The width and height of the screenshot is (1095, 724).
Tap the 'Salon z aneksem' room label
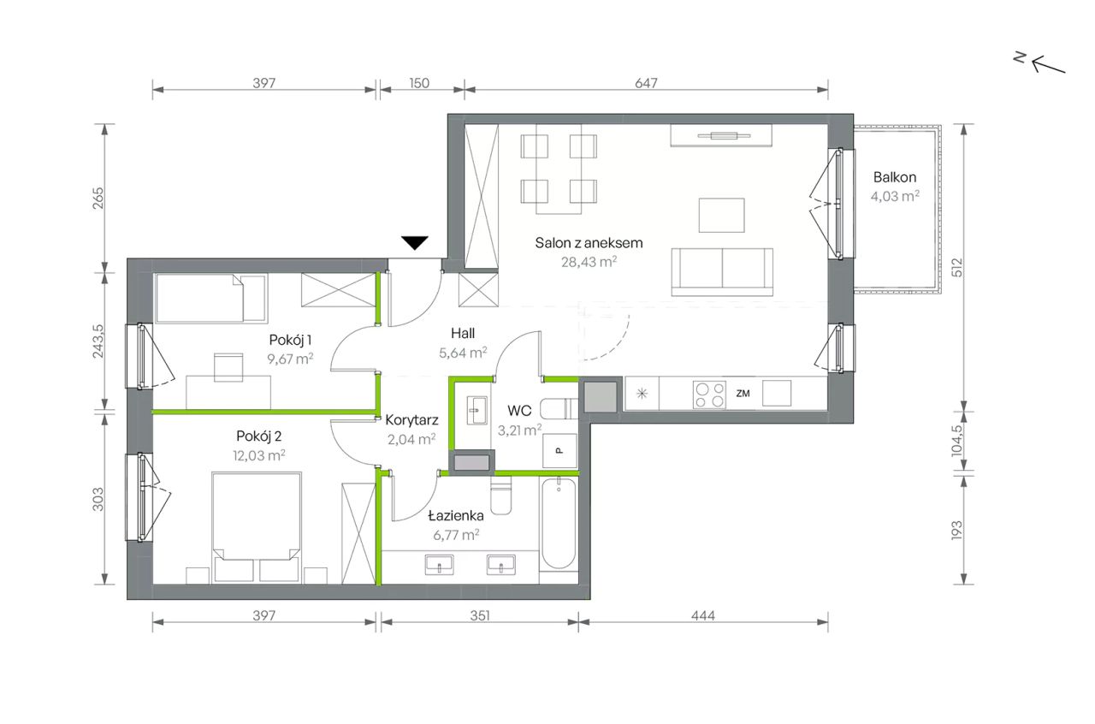[589, 243]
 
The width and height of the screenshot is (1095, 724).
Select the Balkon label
[895, 177]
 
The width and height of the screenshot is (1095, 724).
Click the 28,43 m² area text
[589, 262]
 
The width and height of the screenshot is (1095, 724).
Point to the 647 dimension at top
[646, 83]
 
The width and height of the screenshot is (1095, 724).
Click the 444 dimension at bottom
[703, 615]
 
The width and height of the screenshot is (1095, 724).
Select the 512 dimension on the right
[956, 268]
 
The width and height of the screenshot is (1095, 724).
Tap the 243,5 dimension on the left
[98, 341]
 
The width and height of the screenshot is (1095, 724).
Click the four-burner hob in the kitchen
[709, 395]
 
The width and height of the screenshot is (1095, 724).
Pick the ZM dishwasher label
[743, 394]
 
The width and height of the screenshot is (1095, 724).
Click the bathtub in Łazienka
[559, 524]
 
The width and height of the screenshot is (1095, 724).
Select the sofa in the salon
[722, 272]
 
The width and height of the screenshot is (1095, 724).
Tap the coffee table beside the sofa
[721, 216]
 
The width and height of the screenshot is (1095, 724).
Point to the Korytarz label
[411, 419]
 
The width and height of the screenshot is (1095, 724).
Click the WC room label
[519, 411]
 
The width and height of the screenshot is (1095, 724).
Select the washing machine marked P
[559, 450]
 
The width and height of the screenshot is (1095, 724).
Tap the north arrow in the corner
[1040, 64]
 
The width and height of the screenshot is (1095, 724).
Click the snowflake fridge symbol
[642, 394]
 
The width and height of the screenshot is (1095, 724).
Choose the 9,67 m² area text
[290, 359]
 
